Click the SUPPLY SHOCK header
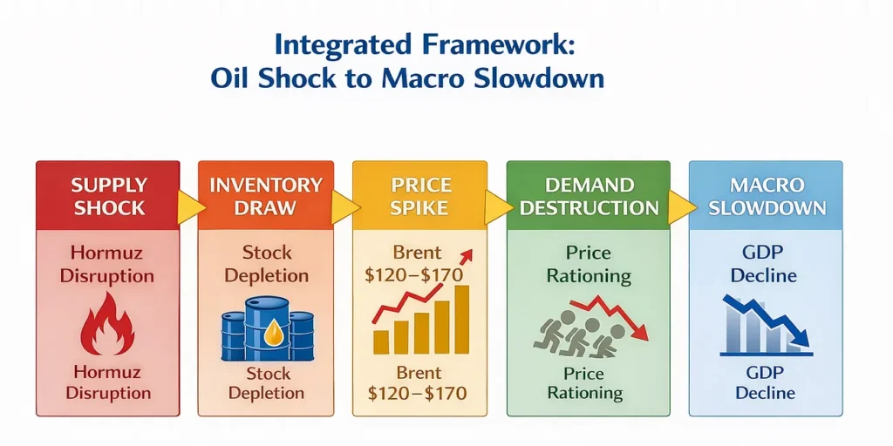pos(107,196)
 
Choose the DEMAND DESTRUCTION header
pos(588,196)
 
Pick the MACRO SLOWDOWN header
pos(765,196)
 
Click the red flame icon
pos(106,323)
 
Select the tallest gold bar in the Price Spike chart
pos(462,319)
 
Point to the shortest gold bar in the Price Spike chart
pos(380,341)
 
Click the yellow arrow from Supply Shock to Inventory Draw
pos(189,206)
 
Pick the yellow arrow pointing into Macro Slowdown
pos(681,206)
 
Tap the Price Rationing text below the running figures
pos(585,383)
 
